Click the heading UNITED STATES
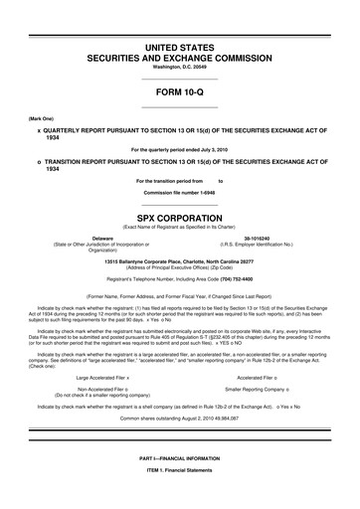(179, 47)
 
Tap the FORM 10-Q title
(179, 94)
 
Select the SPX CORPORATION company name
(179, 214)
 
